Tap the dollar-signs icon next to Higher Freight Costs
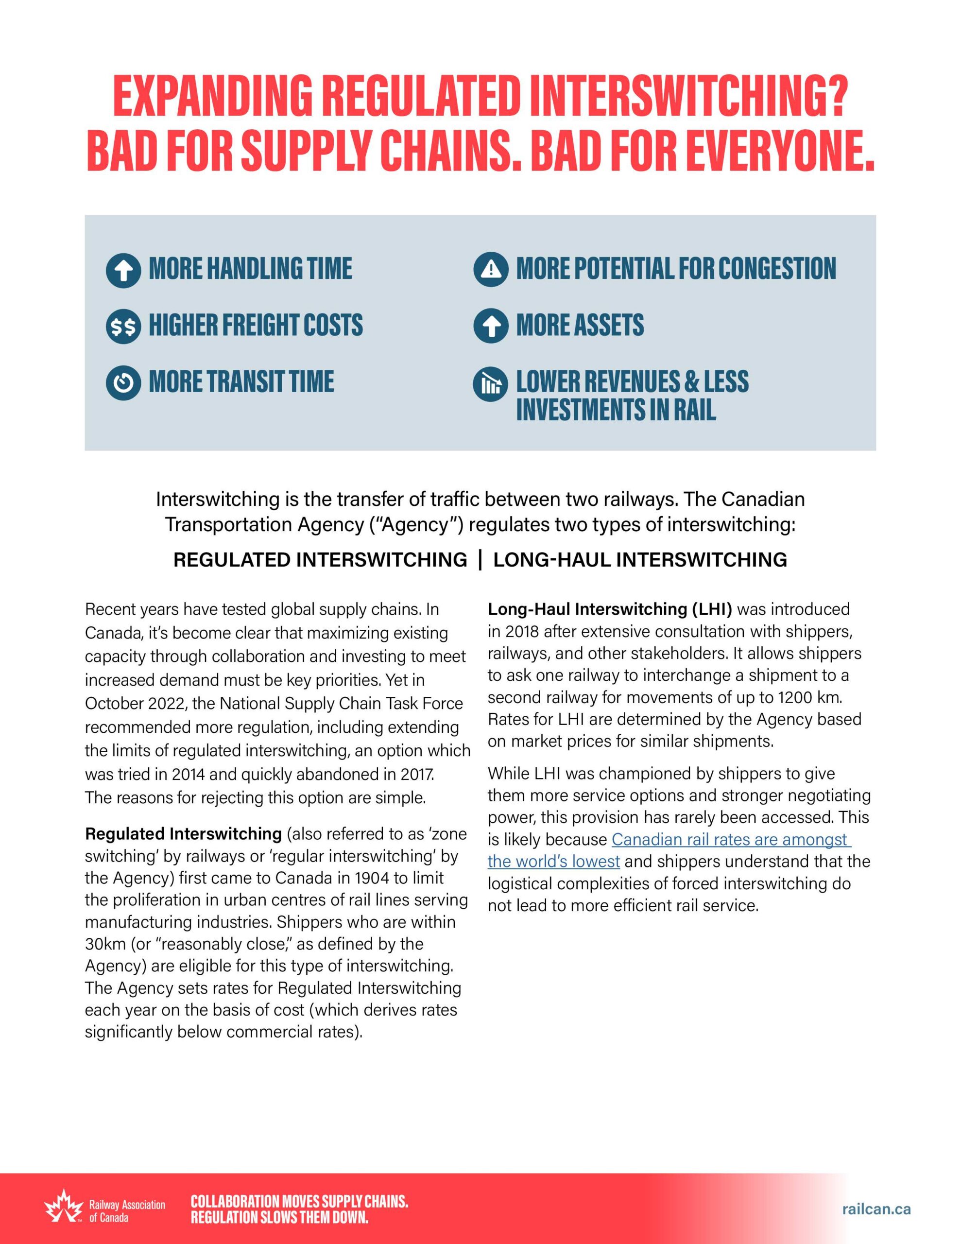[123, 327]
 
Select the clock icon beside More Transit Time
[123, 383]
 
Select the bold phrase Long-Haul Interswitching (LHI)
[610, 609]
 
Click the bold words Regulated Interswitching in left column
[184, 834]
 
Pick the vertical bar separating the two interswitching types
[480, 559]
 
